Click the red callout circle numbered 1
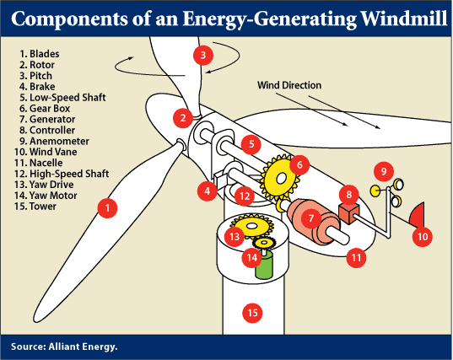pyautogui.click(x=105, y=205)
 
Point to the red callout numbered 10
pyautogui.click(x=423, y=237)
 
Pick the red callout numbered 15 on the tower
pyautogui.click(x=251, y=313)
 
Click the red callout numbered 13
pyautogui.click(x=235, y=237)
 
